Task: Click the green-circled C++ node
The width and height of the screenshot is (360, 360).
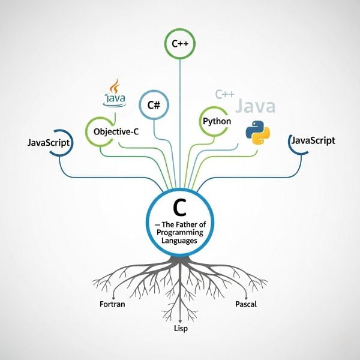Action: point(180,44)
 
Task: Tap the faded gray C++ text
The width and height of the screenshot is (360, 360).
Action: point(225,94)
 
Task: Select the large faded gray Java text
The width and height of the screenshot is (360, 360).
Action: point(256,106)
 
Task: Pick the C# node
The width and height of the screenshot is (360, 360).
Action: point(154,105)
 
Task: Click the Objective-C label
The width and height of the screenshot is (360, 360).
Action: point(116,132)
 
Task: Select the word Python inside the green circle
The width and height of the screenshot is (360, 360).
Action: point(217,121)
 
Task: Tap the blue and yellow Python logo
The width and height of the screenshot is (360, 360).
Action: point(258,133)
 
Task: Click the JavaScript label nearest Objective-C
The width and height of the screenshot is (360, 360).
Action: point(49,143)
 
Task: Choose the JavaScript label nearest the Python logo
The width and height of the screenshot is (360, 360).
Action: point(313,140)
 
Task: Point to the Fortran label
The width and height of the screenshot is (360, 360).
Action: point(112,304)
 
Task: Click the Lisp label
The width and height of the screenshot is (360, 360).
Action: point(181,329)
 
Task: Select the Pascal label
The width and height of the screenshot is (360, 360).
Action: point(246,304)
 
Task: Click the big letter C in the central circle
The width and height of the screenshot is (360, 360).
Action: point(180,208)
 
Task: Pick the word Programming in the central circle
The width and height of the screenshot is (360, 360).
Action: point(180,232)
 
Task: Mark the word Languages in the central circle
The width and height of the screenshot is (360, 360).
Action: point(179,241)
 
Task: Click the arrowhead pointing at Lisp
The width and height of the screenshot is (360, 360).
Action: point(180,321)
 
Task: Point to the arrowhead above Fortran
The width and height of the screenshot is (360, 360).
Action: point(113,297)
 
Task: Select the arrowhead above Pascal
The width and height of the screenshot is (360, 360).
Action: point(246,297)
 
